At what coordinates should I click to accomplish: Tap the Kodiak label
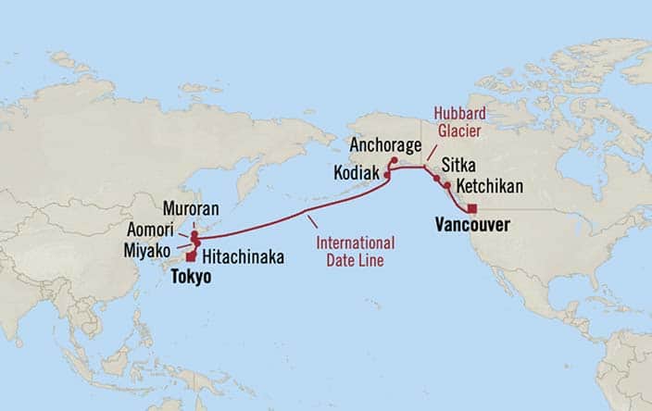click(x=357, y=172)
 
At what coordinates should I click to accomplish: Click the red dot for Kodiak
click(x=386, y=174)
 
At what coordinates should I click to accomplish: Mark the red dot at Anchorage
click(x=394, y=160)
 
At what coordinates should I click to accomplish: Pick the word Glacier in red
click(x=460, y=131)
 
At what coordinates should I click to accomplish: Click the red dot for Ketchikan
click(x=447, y=186)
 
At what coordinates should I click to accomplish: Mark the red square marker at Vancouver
click(x=472, y=208)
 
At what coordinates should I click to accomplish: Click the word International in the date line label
click(x=355, y=243)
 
